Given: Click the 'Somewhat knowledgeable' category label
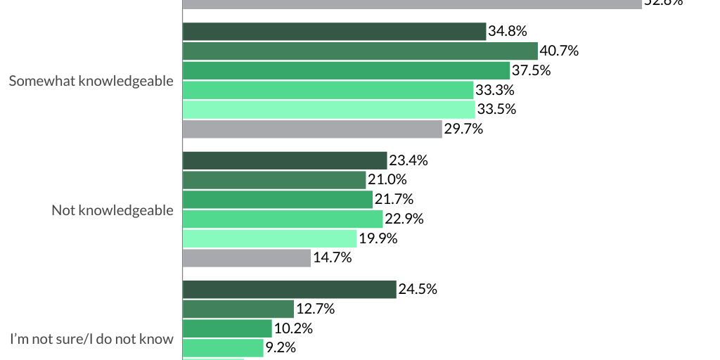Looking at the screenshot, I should click(x=91, y=81).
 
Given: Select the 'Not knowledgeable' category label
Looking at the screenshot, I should click(x=112, y=210).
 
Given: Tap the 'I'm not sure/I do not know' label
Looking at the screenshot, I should click(x=91, y=339).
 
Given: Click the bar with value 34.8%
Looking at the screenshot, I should click(x=334, y=32).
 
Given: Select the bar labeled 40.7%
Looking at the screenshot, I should click(x=360, y=51).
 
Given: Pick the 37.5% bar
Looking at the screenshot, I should click(x=346, y=70).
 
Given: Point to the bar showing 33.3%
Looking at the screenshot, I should click(x=328, y=90).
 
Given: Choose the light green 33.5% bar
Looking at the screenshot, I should click(x=328, y=109).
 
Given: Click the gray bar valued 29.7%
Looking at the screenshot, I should click(x=312, y=129).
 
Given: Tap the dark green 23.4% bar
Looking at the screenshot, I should click(x=285, y=160).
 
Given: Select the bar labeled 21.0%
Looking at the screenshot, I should click(x=274, y=180).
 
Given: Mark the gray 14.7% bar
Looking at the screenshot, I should click(x=247, y=258).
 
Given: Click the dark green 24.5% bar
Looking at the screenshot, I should click(x=289, y=289).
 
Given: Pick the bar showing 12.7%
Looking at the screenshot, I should click(x=238, y=309).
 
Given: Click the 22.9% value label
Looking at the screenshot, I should click(x=404, y=219).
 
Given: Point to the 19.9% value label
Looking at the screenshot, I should click(x=378, y=238).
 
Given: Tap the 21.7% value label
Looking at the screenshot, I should click(x=394, y=199).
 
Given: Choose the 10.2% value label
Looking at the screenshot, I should click(x=293, y=328).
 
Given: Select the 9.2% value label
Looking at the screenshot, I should click(x=281, y=347).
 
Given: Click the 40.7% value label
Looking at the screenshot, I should click(x=560, y=51).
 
